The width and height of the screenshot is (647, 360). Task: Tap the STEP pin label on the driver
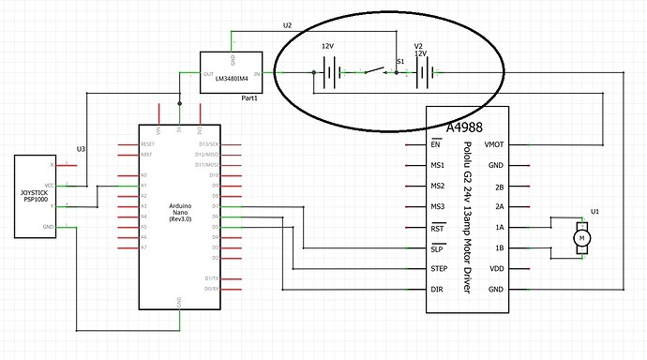coord(438,268)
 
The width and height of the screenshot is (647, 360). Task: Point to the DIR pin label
coord(437,289)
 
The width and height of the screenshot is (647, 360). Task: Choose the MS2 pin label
coord(437,186)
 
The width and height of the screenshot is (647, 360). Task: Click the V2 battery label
coord(419,46)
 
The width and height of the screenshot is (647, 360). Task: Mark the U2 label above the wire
coord(287,24)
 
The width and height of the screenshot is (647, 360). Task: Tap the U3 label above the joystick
coord(81,147)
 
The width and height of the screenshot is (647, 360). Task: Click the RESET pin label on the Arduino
coord(147,143)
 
